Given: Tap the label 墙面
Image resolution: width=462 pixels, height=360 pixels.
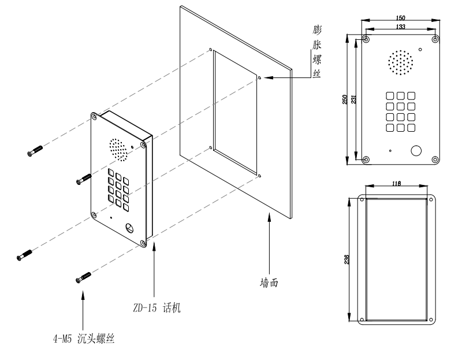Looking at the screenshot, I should [x=271, y=283].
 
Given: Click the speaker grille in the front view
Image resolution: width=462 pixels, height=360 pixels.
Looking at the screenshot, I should [x=400, y=63].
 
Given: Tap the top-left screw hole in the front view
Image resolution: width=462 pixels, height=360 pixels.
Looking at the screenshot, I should [x=366, y=40].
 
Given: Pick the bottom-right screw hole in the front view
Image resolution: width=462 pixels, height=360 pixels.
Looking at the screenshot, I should [x=434, y=159].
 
